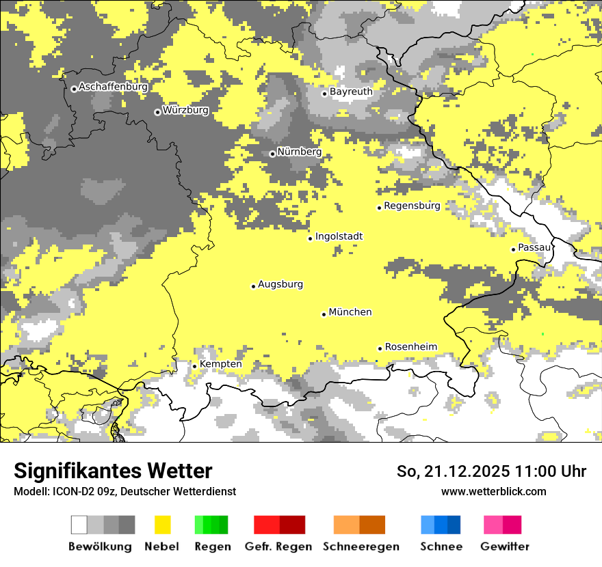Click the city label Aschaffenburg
coord(113,87)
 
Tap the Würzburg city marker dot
coord(157,112)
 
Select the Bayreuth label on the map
coord(351,92)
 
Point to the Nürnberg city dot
coord(272,154)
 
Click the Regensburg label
coord(412,206)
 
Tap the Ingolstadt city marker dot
coord(310,238)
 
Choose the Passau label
coord(534,247)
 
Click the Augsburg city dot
coord(253,286)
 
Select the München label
coord(350,312)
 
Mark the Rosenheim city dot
coord(380,348)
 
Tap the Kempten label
coord(220,364)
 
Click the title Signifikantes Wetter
coord(113,471)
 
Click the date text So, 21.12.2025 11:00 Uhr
coord(491,471)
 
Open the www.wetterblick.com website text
coord(493,491)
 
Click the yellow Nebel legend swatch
coord(162,525)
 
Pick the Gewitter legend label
coord(504,547)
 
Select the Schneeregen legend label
coord(361,547)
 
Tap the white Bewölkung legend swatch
coord(79,525)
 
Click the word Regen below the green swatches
coord(212,547)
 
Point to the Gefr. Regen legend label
coord(278,547)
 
